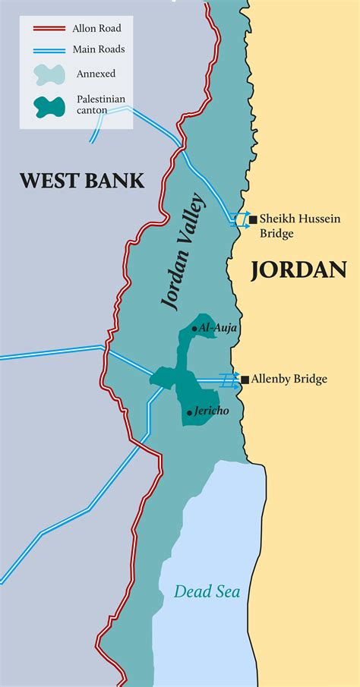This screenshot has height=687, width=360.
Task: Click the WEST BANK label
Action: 81,181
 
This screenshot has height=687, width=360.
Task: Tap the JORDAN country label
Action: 298,269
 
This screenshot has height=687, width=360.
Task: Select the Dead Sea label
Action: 207,591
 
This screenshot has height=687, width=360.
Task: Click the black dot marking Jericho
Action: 189,413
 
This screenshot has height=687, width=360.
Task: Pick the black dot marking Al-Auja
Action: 195,329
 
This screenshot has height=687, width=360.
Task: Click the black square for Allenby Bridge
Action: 245,379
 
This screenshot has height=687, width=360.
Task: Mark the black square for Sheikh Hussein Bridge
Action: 253,218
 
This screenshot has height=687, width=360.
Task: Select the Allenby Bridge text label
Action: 289,379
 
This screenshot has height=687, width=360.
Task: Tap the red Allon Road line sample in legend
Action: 45,29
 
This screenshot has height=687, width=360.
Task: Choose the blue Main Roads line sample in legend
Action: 45,50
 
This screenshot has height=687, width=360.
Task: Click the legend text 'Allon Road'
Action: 96,29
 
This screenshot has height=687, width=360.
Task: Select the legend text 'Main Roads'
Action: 98,50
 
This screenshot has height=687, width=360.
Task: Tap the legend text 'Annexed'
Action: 96,74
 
